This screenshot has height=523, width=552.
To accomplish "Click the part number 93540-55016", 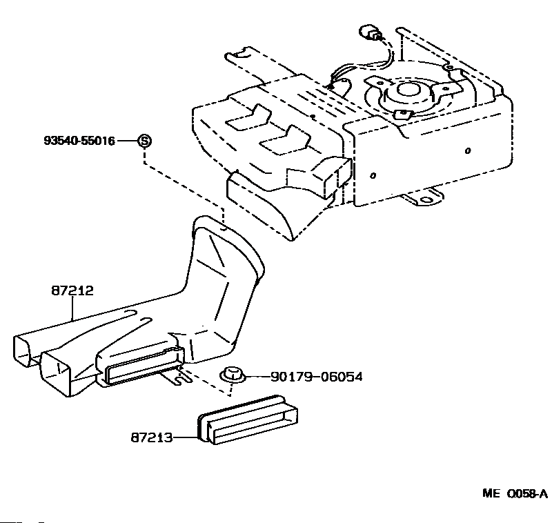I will click(x=79, y=141).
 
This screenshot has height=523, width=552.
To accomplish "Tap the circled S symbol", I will click(x=144, y=141).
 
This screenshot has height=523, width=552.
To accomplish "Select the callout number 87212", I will click(x=70, y=292).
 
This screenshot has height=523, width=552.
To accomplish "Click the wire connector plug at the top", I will click(x=372, y=33).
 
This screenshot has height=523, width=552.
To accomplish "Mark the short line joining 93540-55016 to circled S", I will click(x=127, y=141).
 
